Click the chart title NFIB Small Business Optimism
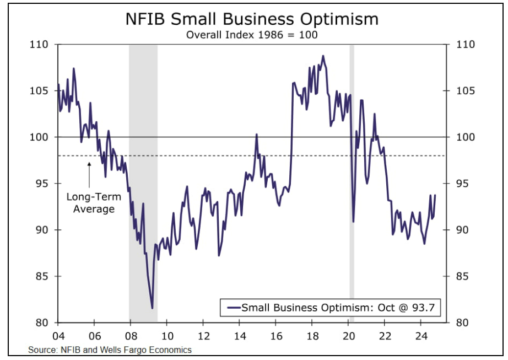(x=252, y=19)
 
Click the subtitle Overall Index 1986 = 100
(x=252, y=35)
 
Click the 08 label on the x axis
(x=131, y=336)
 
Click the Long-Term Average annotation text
(x=90, y=202)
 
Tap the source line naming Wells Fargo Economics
(x=110, y=350)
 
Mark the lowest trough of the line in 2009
(x=152, y=308)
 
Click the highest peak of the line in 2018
(x=323, y=56)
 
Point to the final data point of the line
(x=435, y=195)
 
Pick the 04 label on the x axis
(x=58, y=336)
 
